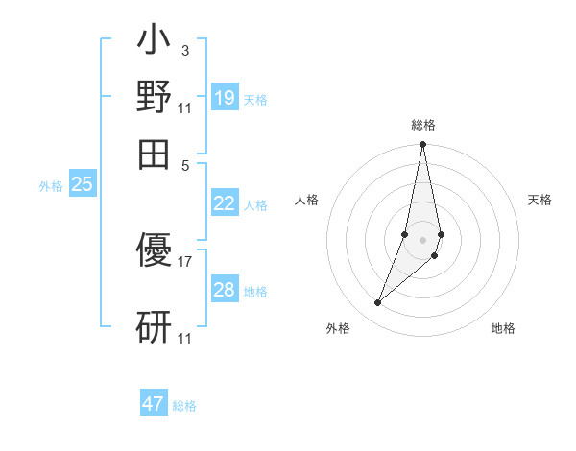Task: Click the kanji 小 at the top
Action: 154,44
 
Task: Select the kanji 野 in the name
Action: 154,98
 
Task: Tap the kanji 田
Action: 154,152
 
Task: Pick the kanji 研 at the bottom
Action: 154,327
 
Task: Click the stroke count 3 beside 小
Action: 184,51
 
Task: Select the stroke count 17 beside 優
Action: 185,261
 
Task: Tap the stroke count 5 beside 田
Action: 185,164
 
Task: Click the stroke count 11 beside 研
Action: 185,339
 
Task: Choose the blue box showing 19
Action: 225,97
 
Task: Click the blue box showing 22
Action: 225,203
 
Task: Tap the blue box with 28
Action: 225,290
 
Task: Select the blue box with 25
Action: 82,185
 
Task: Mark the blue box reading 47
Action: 154,404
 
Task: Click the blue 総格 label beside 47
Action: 184,406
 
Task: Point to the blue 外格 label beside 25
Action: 51,187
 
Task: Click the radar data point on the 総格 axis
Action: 422,145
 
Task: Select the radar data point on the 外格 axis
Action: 377,303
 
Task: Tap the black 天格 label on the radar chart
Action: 540,200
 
